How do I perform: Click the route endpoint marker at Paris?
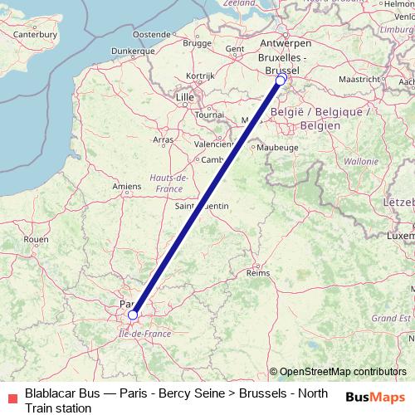[133, 315]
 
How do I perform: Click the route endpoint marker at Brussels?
[281, 81]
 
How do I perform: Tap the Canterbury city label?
[36, 35]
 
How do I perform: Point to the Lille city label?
[184, 97]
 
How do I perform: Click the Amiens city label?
[127, 188]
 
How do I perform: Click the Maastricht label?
[359, 79]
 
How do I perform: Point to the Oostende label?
[152, 34]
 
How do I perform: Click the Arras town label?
[164, 139]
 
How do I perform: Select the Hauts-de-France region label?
[168, 183]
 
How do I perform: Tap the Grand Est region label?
[386, 317]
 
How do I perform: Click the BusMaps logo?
[377, 396]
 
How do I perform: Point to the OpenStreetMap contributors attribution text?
[342, 372]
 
